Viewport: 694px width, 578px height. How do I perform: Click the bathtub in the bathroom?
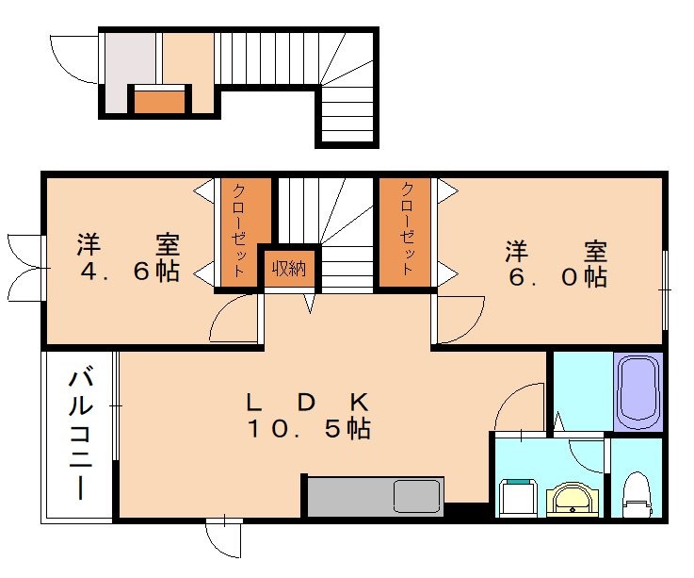coord(638,392)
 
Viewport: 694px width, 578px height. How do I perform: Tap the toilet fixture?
coord(638,495)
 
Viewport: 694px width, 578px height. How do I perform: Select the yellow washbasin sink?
coord(573,500)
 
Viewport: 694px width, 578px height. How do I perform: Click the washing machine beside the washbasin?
coord(518,498)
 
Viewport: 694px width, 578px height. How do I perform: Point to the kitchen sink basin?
coord(416,496)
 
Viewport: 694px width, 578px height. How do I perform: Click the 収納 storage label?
coord(289,268)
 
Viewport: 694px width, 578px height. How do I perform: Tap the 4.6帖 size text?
coord(130,271)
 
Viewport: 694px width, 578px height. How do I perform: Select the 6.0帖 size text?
coord(557,277)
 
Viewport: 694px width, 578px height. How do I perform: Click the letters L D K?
coord(307,403)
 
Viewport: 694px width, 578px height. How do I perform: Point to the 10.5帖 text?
coord(309,429)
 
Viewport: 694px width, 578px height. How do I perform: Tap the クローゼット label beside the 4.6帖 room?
coord(238,230)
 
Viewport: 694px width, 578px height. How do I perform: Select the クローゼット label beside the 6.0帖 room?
coord(407,228)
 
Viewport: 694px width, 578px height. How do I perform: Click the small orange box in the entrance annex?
coord(159,102)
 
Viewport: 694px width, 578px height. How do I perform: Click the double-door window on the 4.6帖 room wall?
coord(25,268)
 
